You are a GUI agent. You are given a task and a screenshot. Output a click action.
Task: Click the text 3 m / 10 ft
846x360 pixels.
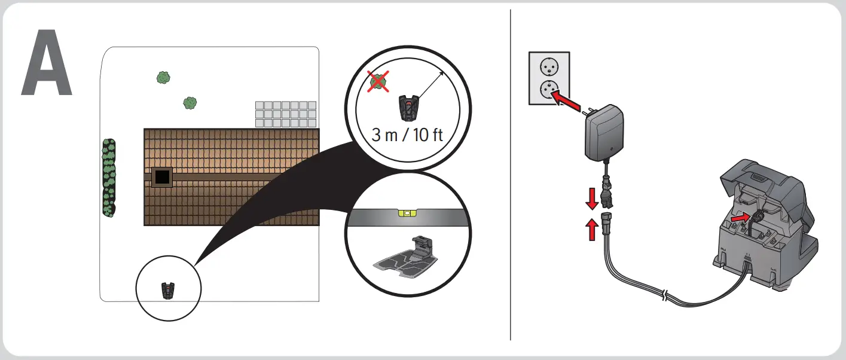pyautogui.click(x=407, y=134)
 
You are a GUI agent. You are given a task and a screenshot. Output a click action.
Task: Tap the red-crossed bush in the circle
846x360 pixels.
pyautogui.click(x=377, y=82)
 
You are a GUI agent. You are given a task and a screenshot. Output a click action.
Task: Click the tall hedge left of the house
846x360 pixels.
pyautogui.click(x=109, y=178)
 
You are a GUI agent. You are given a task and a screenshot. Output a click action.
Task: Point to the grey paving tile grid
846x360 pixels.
pyautogui.click(x=285, y=114)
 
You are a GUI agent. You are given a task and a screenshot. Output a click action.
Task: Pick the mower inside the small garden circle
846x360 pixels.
pyautogui.click(x=169, y=291)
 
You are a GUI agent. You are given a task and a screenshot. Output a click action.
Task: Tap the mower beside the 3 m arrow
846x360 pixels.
pyautogui.click(x=406, y=107)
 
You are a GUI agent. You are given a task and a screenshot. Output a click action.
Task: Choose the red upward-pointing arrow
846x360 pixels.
pyautogui.click(x=592, y=229)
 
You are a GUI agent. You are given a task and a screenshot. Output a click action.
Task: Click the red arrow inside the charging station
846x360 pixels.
pyautogui.click(x=740, y=218)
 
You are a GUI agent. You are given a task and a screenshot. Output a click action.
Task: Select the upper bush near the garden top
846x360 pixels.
pyautogui.click(x=163, y=77)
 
